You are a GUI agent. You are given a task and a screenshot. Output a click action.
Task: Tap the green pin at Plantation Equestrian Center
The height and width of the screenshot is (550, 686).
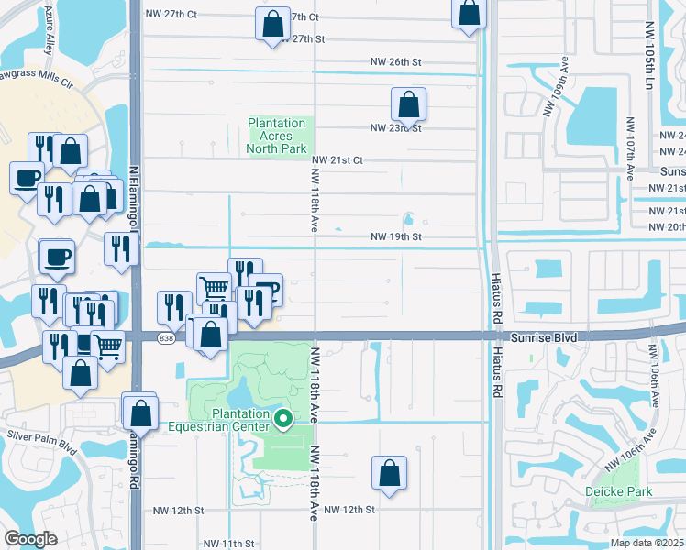(283, 419)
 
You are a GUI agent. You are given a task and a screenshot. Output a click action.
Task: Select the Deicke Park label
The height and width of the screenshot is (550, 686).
(619, 492)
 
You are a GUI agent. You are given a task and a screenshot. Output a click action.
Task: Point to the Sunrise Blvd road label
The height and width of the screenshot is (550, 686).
(544, 338)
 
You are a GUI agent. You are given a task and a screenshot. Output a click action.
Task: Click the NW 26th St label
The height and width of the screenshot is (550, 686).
(395, 62)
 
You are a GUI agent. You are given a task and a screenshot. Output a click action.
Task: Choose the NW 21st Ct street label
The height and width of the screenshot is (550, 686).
(337, 159)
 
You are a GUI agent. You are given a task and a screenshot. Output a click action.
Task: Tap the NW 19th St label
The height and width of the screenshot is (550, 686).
(395, 236)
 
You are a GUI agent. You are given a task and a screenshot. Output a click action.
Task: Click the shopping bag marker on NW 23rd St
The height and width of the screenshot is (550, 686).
(409, 104)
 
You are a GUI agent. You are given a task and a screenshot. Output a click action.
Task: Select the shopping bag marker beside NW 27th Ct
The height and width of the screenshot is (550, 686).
(272, 25)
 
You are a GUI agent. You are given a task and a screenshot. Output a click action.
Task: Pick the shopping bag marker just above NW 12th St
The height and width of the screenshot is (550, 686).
(389, 473)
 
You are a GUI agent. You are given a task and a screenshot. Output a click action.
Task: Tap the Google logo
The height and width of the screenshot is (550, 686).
(31, 539)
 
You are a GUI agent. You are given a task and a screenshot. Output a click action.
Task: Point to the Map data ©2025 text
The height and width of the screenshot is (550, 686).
(647, 543)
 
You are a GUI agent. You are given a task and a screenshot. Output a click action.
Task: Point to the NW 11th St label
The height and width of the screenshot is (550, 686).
(228, 544)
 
